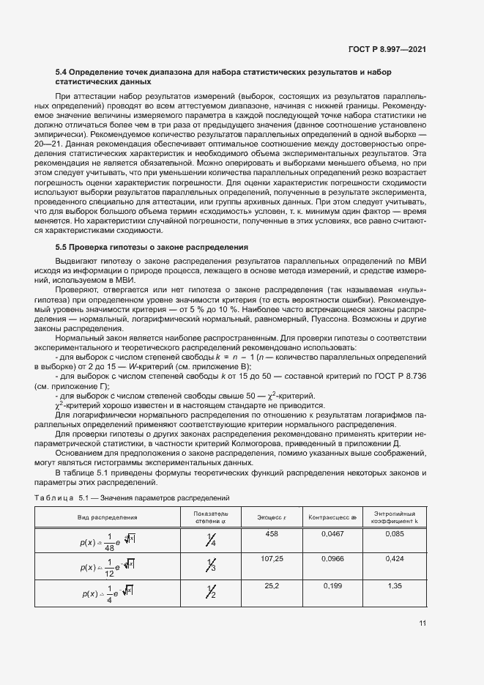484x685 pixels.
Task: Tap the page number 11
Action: pyautogui.click(x=422, y=623)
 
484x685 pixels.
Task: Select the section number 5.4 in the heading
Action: pyautogui.click(x=62, y=73)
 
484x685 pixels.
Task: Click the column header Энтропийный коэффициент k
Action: pyautogui.click(x=395, y=516)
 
